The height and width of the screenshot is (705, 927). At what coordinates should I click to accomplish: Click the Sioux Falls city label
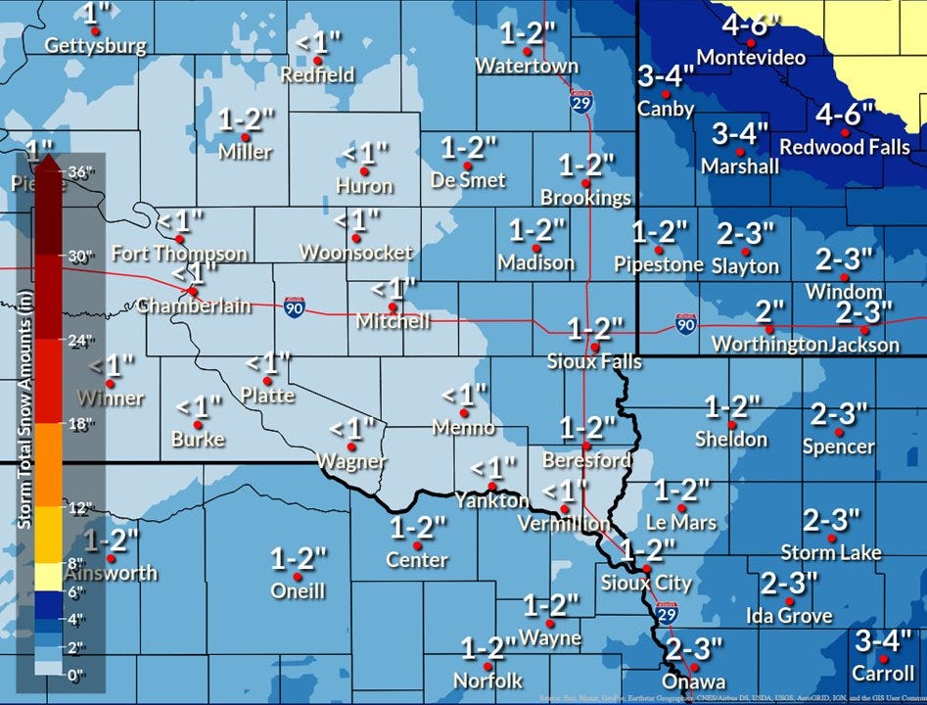594,362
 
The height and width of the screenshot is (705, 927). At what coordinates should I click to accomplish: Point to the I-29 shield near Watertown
581,101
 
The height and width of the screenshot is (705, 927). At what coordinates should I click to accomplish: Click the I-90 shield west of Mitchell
294,307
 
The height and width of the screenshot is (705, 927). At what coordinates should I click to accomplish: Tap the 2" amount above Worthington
770,312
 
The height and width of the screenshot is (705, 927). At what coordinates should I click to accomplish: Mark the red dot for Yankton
492,486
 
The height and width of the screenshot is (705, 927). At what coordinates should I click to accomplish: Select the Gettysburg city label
96,46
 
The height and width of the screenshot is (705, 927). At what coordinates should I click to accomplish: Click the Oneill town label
298,590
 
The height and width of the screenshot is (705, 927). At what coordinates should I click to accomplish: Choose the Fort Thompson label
179,254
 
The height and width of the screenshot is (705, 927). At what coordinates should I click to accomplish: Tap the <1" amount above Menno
464,395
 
